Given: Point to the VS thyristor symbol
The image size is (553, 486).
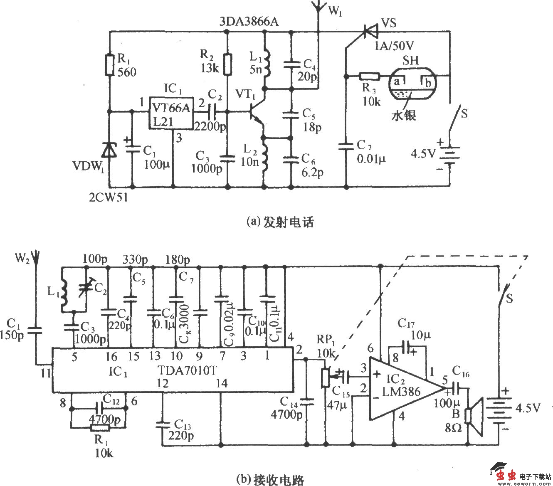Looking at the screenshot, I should pos(369,31).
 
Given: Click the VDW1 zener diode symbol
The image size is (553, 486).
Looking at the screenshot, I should pos(109,150).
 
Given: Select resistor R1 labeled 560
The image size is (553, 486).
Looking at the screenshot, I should pos(109,65).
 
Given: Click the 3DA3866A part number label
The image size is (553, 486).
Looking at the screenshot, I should pos(249,22).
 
